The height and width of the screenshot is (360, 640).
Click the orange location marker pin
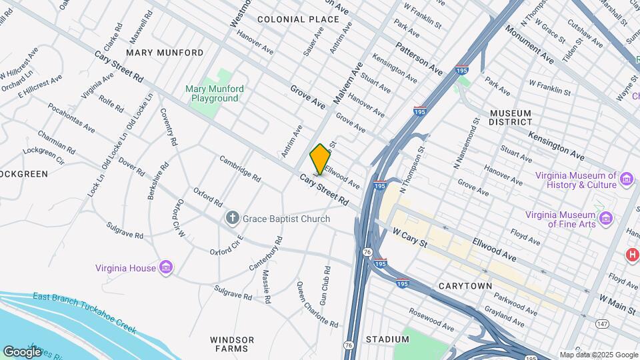[x=320, y=159]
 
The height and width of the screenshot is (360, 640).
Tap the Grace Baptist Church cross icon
[x=232, y=218]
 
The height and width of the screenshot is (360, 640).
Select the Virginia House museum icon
[x=167, y=268]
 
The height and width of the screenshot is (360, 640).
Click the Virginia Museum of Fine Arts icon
[x=605, y=218]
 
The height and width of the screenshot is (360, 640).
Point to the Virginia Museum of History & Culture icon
[x=627, y=179]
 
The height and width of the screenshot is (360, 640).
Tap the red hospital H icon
[x=631, y=254]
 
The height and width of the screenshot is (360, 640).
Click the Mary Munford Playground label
[x=215, y=93]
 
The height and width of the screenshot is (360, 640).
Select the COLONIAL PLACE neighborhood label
[x=298, y=19]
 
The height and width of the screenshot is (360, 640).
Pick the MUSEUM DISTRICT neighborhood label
[x=510, y=117]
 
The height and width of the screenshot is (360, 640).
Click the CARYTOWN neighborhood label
[x=465, y=286]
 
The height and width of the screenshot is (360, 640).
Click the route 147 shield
[x=603, y=324]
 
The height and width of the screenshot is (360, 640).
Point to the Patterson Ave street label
[x=419, y=59]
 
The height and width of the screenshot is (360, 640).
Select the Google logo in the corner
[x=22, y=352]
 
